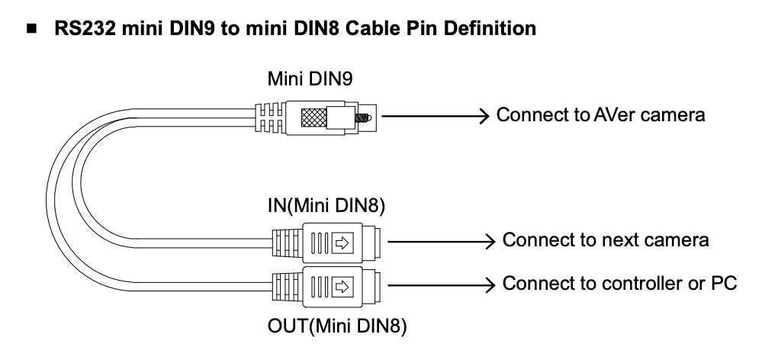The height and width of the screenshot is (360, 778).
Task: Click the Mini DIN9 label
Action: (x=310, y=79)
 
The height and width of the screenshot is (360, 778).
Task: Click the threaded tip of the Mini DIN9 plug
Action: (x=367, y=117)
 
